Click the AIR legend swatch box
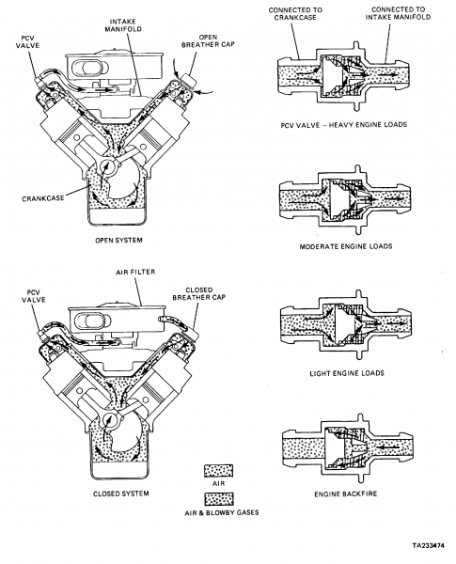point(222,469)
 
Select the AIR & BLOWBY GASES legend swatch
point(222,497)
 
